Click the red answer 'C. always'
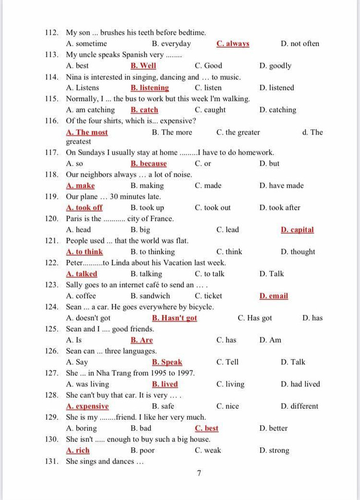232,44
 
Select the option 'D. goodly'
275,66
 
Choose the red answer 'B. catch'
144,110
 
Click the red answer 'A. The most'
87,132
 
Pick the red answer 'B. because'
149,163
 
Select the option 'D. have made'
281,186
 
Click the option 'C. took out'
212,208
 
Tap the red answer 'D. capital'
297,230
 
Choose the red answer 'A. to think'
84,252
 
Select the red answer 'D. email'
274,296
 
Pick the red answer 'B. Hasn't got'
174,318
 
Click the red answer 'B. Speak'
167,362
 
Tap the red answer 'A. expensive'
87,406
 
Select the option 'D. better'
274,428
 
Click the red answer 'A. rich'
78,450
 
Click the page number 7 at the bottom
199,473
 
